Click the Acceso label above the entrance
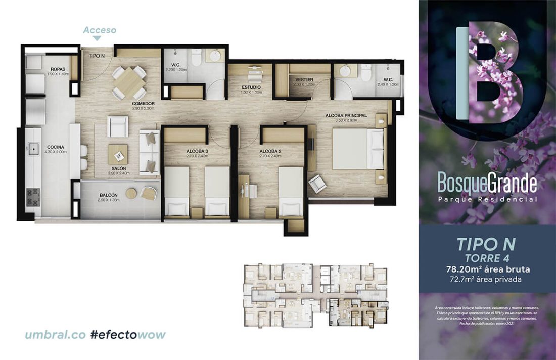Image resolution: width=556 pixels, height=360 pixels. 100,30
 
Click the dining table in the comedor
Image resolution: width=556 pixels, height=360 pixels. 129,82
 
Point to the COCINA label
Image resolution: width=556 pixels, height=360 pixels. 56,147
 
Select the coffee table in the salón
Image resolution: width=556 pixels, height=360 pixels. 118,154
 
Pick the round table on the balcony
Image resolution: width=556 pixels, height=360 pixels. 131,194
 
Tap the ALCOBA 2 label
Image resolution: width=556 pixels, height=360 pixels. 270,151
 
